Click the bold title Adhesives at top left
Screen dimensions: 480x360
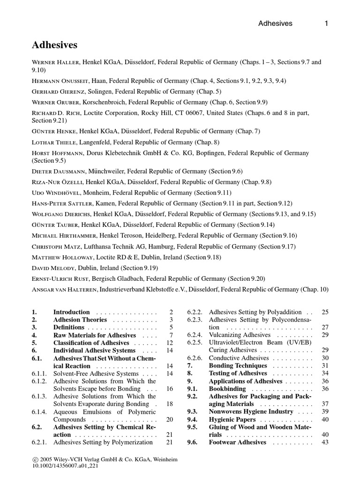pos(54,45)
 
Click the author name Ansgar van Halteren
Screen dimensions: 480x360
pos(65,290)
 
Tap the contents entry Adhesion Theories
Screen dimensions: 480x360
pos(80,320)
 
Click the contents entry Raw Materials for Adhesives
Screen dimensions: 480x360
pos(95,336)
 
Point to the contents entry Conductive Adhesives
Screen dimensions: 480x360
pos(239,358)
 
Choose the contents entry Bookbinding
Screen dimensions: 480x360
pos(227,389)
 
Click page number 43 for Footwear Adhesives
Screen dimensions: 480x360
pos(325,442)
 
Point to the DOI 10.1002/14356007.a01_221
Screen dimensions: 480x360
pos(65,467)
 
